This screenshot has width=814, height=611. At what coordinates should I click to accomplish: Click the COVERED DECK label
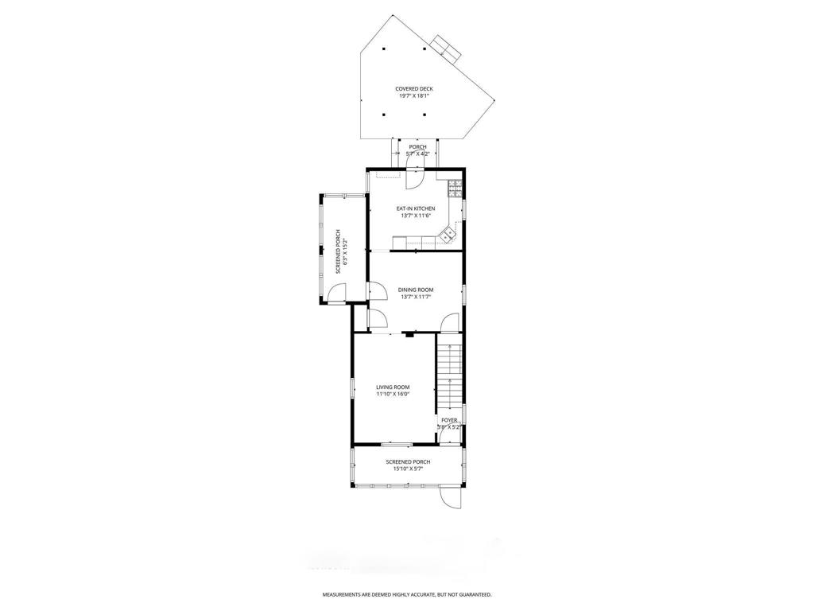click(413, 89)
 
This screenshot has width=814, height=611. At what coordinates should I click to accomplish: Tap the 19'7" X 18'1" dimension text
click(413, 96)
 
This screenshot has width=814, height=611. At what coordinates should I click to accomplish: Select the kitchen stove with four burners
click(455, 189)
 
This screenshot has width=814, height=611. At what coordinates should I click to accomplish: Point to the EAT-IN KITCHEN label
click(416, 208)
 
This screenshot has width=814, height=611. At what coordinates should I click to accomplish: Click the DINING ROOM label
click(416, 290)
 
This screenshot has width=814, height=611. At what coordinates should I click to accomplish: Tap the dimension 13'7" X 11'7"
click(416, 297)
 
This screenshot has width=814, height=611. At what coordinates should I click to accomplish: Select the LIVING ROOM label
click(393, 387)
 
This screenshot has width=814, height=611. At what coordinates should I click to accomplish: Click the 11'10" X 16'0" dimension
click(393, 394)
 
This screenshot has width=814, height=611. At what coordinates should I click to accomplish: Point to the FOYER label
click(449, 420)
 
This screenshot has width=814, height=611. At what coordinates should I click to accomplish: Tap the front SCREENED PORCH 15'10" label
click(408, 462)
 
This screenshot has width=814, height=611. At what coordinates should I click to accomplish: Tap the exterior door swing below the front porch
click(451, 497)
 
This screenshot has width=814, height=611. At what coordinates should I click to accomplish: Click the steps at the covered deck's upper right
click(446, 47)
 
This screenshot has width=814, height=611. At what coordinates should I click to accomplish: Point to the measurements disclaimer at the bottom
click(406, 594)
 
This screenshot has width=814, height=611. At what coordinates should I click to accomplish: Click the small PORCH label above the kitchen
click(417, 147)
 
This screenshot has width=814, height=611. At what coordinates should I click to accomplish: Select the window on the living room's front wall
click(395, 442)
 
